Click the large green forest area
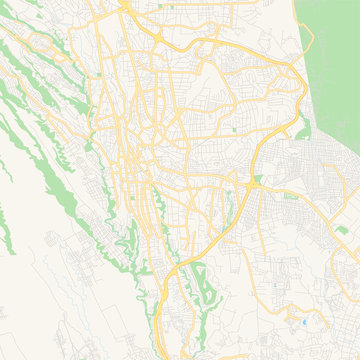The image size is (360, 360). [x=330, y=60]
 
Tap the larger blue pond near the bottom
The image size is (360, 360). [x=304, y=323]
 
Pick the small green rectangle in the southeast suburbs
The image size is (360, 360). [x=341, y=229]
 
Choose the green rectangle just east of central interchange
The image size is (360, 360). [x=291, y=196]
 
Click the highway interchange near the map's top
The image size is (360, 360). [x=160, y=37]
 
